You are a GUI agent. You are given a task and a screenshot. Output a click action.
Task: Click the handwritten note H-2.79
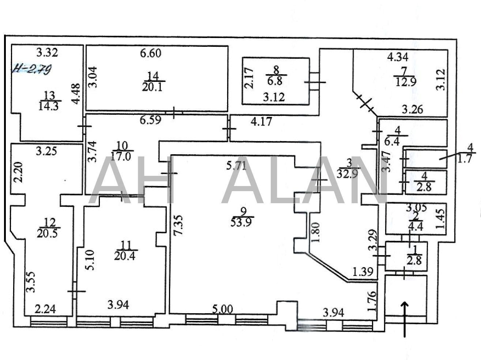coord(32,69)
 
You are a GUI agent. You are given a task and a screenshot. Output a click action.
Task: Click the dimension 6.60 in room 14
coord(151,53)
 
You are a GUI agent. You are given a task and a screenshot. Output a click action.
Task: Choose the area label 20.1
coord(152,87)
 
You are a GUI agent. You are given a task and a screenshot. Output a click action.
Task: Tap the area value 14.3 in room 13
coord(49,106)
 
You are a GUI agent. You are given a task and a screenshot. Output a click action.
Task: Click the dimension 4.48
coord(76,93)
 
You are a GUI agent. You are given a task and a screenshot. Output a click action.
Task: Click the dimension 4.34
coord(398,57)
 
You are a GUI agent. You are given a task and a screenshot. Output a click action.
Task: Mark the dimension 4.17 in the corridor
coord(262,122)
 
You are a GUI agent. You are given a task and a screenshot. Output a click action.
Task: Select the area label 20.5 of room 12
coord(47,233)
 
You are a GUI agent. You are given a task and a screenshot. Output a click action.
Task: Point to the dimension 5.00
coord(222,310)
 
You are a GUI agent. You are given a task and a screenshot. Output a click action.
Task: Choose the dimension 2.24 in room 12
coord(45,309)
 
